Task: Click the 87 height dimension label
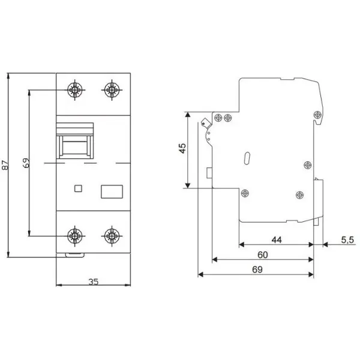click(5, 165)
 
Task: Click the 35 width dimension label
click(94, 281)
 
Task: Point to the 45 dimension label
click(182, 148)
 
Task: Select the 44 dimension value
click(277, 239)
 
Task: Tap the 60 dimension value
click(263, 254)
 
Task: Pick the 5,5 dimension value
click(347, 239)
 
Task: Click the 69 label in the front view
click(26, 163)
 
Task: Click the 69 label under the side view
click(257, 269)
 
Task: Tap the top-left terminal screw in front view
click(75, 90)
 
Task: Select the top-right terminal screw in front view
click(112, 90)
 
